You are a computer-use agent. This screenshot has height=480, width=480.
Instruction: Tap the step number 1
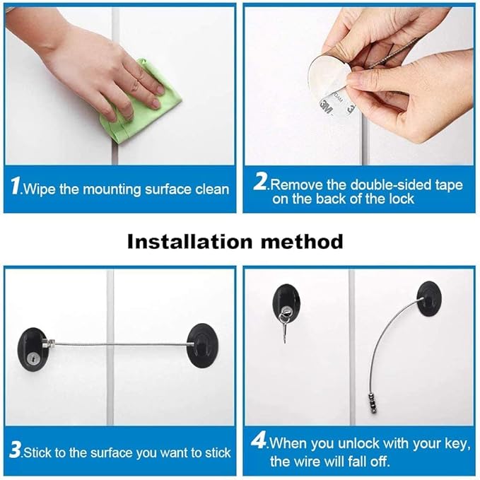tap(15, 186)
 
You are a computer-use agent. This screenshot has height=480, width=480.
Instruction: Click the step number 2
tap(260, 181)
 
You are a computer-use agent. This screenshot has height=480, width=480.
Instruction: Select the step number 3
tap(15, 450)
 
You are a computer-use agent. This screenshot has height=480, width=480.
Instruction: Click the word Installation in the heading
tap(189, 242)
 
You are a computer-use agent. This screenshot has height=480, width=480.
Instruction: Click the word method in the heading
tap(302, 242)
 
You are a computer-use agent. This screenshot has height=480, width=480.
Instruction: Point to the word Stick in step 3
tap(37, 452)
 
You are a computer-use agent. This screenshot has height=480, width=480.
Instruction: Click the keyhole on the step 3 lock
tap(32, 358)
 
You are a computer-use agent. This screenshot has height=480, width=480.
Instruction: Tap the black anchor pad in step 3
tap(202, 346)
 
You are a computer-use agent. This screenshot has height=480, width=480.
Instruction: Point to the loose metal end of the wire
tap(373, 404)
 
